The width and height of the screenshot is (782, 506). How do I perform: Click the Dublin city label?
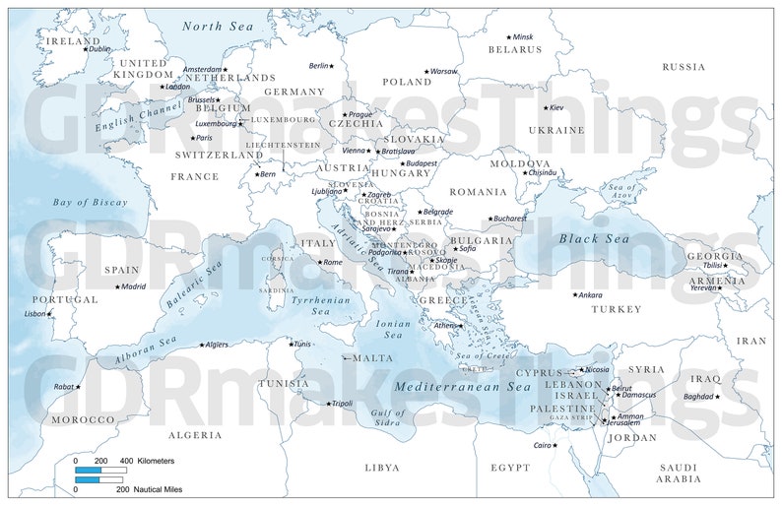(100, 49)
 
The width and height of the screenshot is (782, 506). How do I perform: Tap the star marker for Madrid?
(116, 287)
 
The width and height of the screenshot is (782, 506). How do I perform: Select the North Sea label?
(217, 27)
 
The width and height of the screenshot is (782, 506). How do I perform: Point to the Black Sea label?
(593, 239)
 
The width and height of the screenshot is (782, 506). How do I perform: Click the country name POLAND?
(407, 83)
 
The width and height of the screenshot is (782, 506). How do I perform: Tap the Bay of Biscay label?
(91, 202)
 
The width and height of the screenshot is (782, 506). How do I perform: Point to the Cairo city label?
(542, 445)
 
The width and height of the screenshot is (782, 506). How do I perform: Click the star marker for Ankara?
(576, 294)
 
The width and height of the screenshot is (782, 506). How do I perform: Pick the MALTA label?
(372, 358)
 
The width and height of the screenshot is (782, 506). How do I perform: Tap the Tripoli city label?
(342, 403)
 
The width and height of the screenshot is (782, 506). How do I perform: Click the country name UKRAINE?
(556, 130)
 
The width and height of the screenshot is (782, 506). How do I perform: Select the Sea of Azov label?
(622, 192)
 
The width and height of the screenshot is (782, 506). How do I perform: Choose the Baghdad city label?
(697, 397)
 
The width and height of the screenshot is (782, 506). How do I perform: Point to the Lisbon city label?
(34, 314)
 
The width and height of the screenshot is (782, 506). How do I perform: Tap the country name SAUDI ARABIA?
(680, 473)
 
